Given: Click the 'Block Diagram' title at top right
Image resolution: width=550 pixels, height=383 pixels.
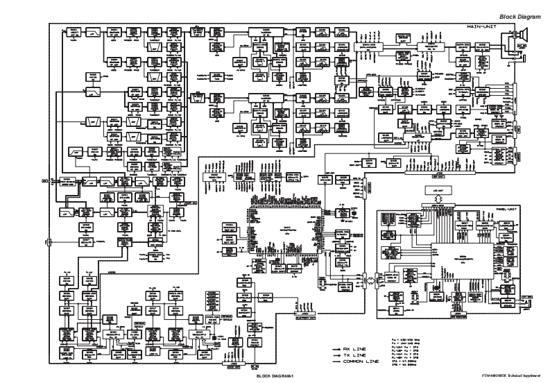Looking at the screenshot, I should pyautogui.click(x=518, y=15).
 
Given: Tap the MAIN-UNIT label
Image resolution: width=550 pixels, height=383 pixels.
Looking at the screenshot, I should pyautogui.click(x=481, y=26).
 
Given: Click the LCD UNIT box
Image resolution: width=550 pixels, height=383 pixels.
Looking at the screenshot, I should pyautogui.click(x=436, y=190).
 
